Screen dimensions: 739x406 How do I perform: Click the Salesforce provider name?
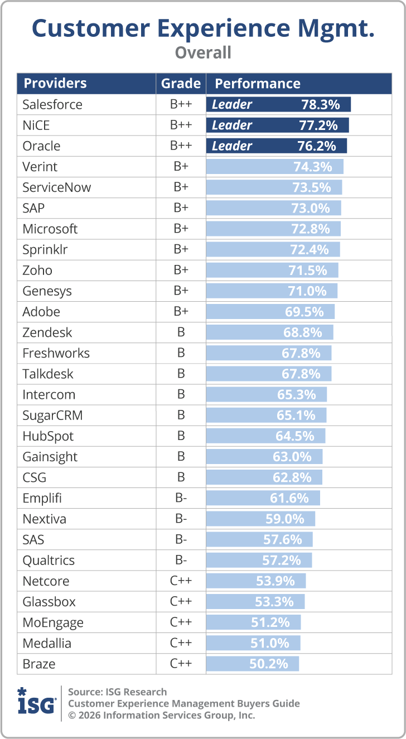coord(52,104)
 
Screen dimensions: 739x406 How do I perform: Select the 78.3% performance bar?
coord(278,104)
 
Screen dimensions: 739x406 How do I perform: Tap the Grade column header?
coord(181,84)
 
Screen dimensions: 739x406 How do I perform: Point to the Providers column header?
coord(55,84)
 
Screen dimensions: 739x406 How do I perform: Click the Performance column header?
coord(258,84)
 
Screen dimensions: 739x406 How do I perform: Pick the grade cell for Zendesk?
coord(181,332)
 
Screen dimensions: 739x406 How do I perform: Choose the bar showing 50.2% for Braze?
coord(253,664)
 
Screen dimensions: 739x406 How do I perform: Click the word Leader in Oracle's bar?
coord(232,146)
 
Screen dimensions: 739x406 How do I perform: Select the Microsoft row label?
coord(50,229)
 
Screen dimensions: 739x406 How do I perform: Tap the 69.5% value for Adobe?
coord(304,312)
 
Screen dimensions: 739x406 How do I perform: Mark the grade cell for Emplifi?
coord(181,498)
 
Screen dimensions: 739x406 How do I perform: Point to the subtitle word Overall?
coord(203,53)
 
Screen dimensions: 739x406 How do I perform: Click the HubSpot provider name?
coord(48,436)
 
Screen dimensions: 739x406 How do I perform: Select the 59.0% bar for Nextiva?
coord(260,519)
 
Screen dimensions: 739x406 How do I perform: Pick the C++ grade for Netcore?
coord(181,581)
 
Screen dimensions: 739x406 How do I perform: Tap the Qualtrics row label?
coord(49,561)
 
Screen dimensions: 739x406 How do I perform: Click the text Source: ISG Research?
coord(117,692)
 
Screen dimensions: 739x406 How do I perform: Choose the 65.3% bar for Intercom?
coord(267,395)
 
